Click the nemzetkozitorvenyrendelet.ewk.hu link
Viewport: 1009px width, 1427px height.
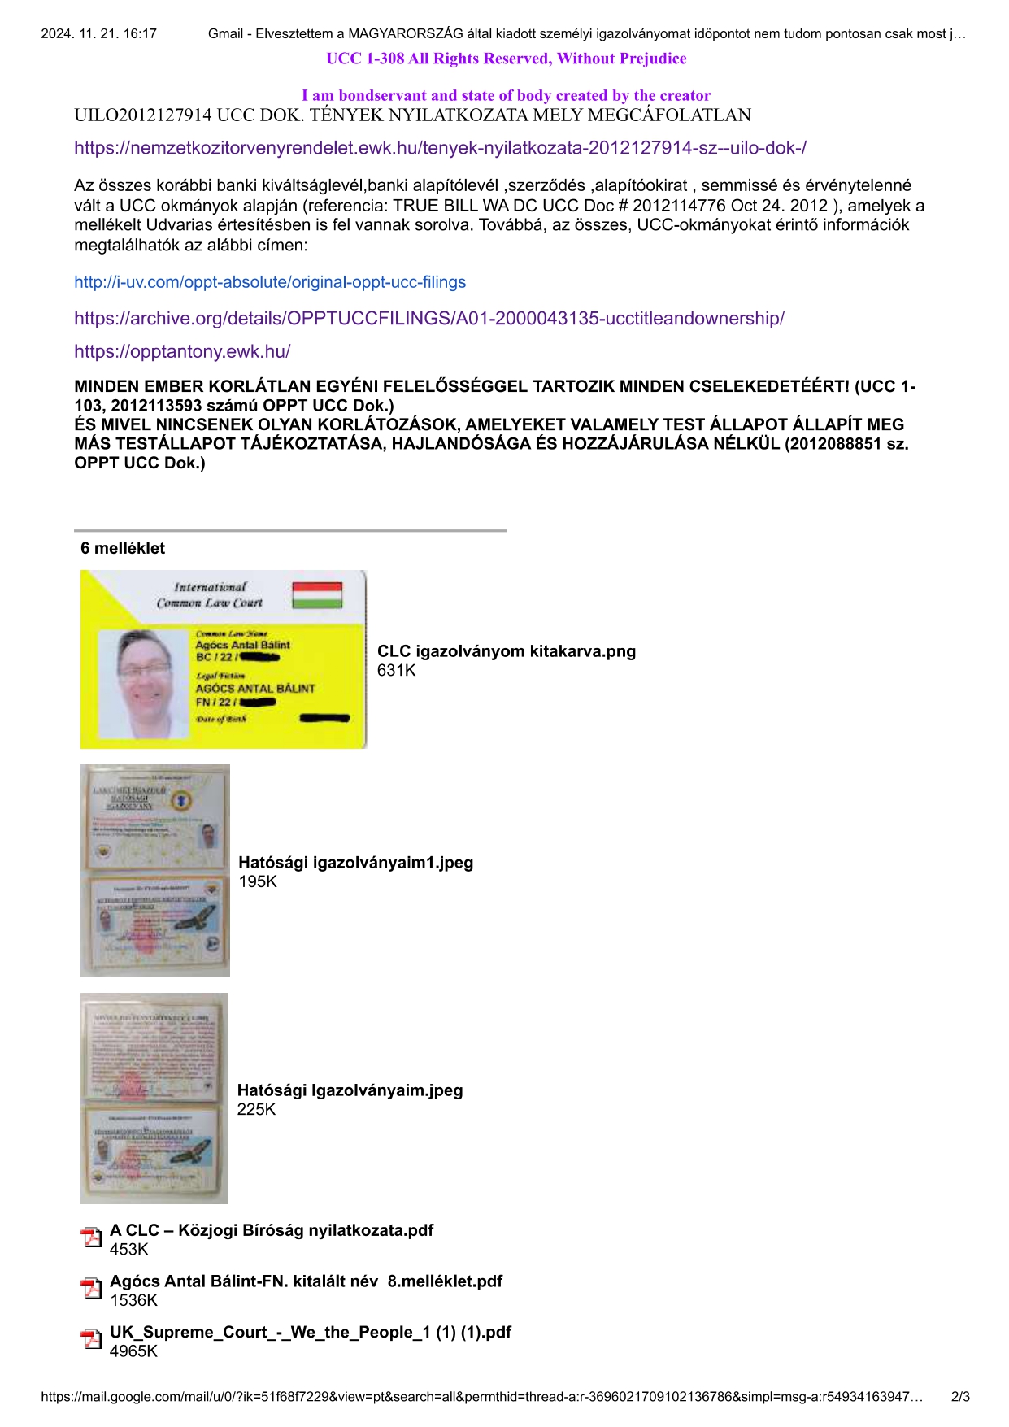point(440,148)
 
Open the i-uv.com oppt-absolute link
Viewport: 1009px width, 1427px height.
point(270,282)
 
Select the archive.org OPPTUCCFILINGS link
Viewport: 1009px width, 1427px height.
point(429,319)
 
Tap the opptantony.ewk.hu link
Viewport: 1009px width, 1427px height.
point(182,351)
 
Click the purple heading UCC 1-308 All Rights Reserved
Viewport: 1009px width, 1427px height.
point(506,59)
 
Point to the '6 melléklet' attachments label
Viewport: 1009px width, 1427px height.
point(123,548)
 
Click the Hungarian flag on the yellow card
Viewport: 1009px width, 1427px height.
point(317,594)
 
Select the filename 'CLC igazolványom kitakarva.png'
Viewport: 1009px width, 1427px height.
point(506,651)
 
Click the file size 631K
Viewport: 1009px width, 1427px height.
point(397,671)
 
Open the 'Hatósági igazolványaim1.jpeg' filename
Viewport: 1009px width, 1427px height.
point(355,863)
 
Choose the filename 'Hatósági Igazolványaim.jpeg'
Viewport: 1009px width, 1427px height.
point(350,1090)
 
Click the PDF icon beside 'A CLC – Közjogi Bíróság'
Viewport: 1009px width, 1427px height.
point(91,1238)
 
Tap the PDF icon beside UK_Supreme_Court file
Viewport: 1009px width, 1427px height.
point(91,1339)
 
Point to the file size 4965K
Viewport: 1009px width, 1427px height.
point(134,1351)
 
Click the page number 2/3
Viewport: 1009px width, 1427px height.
point(959,1397)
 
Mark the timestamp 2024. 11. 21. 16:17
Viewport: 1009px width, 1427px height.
point(98,34)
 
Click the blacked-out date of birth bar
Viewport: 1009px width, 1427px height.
point(324,718)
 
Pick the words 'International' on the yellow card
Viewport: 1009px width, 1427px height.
point(209,587)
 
